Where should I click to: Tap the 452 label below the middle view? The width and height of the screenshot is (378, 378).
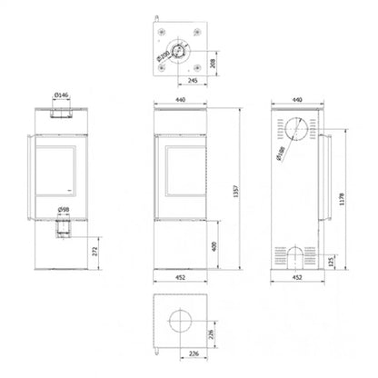[x=183, y=280]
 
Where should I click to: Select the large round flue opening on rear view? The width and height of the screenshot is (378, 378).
[x=295, y=127]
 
